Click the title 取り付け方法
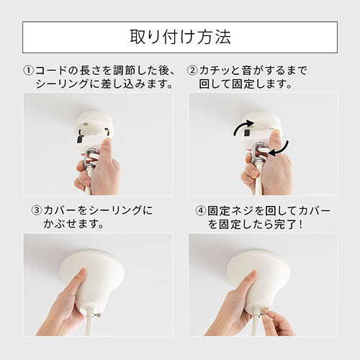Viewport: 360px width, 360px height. (180, 37)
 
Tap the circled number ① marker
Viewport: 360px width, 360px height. (29, 71)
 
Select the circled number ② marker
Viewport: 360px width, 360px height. (193, 71)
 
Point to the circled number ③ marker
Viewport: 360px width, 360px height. (37, 210)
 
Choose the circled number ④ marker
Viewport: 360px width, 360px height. (201, 210)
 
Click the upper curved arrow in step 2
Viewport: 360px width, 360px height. (243, 126)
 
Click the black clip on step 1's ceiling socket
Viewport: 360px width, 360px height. (79, 140)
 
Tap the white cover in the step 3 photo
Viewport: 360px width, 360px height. (92, 279)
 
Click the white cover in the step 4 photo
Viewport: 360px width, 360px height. (258, 279)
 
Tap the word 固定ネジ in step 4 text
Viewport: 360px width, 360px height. (231, 210)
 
